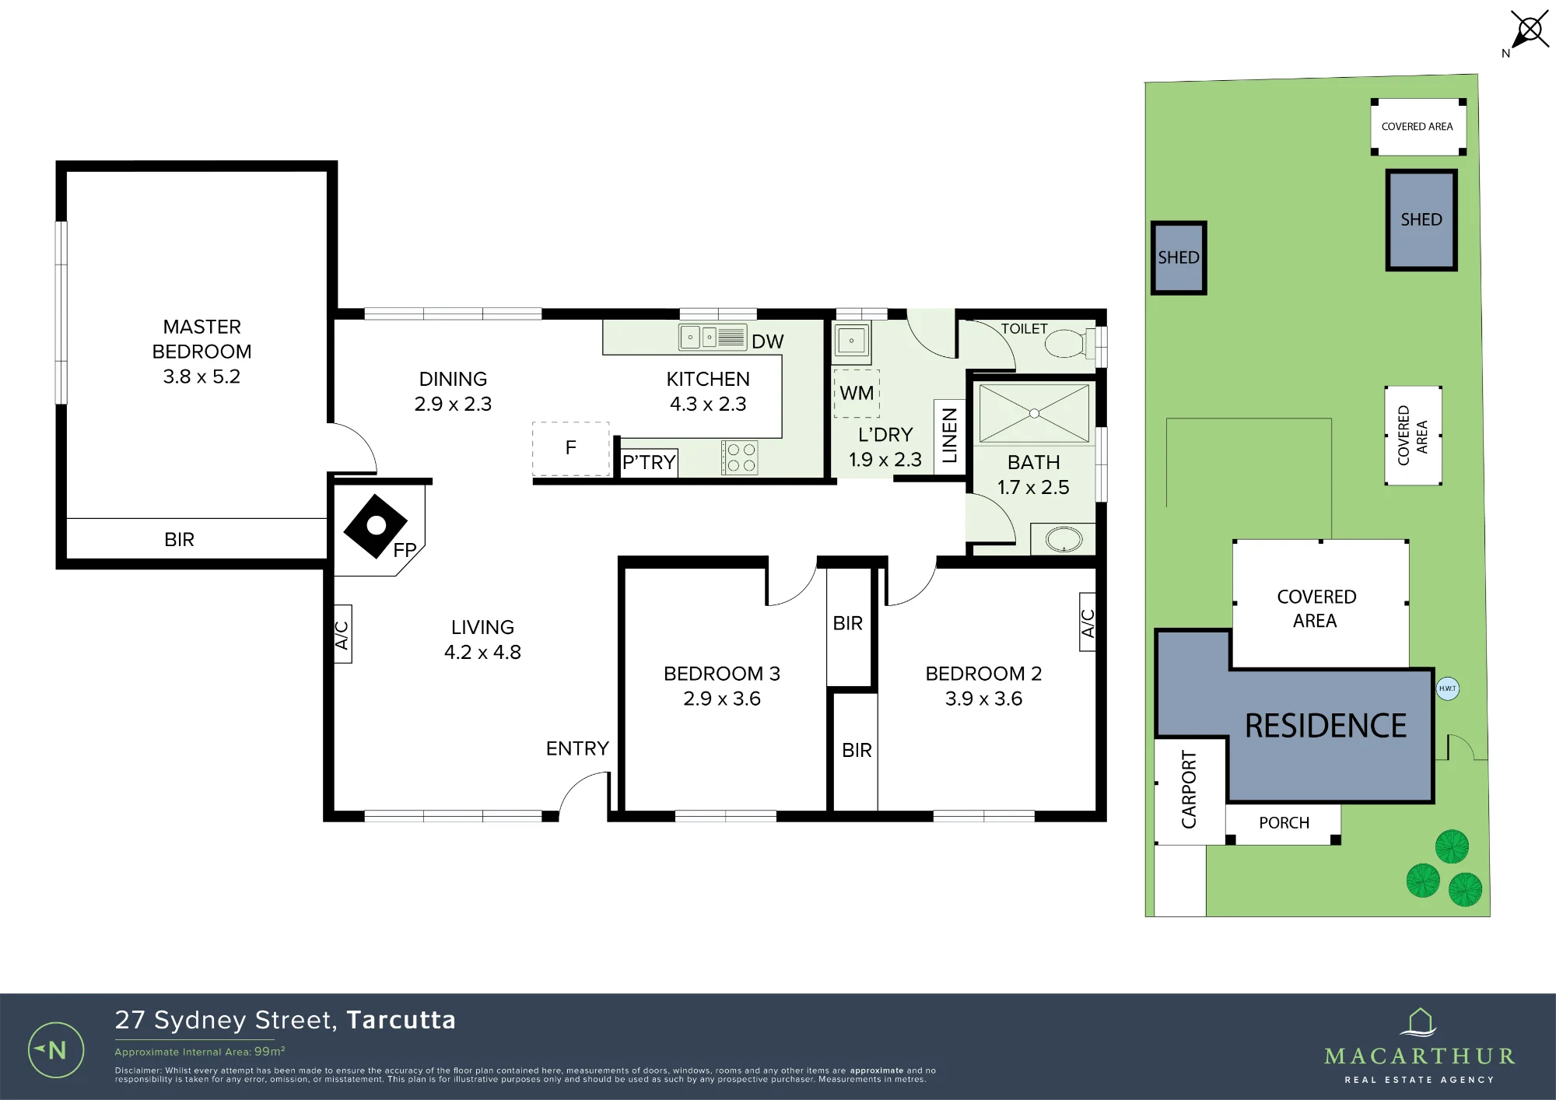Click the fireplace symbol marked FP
(x=376, y=526)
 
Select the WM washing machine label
(x=857, y=393)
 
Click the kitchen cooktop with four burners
(x=739, y=457)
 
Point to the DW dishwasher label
(x=767, y=342)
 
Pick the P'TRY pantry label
(x=649, y=462)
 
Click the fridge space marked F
(x=571, y=448)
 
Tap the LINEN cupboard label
(x=949, y=436)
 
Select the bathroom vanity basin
(x=1064, y=539)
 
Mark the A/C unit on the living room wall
(x=342, y=634)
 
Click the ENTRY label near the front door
(x=577, y=748)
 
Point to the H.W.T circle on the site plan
(x=1447, y=688)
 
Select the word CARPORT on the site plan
(x=1189, y=789)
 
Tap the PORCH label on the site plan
(x=1284, y=823)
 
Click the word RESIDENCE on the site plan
(x=1326, y=726)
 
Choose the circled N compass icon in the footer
(x=56, y=1050)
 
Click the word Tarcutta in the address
(x=401, y=1020)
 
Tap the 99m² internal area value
(x=270, y=1051)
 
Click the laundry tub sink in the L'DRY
(x=852, y=341)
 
